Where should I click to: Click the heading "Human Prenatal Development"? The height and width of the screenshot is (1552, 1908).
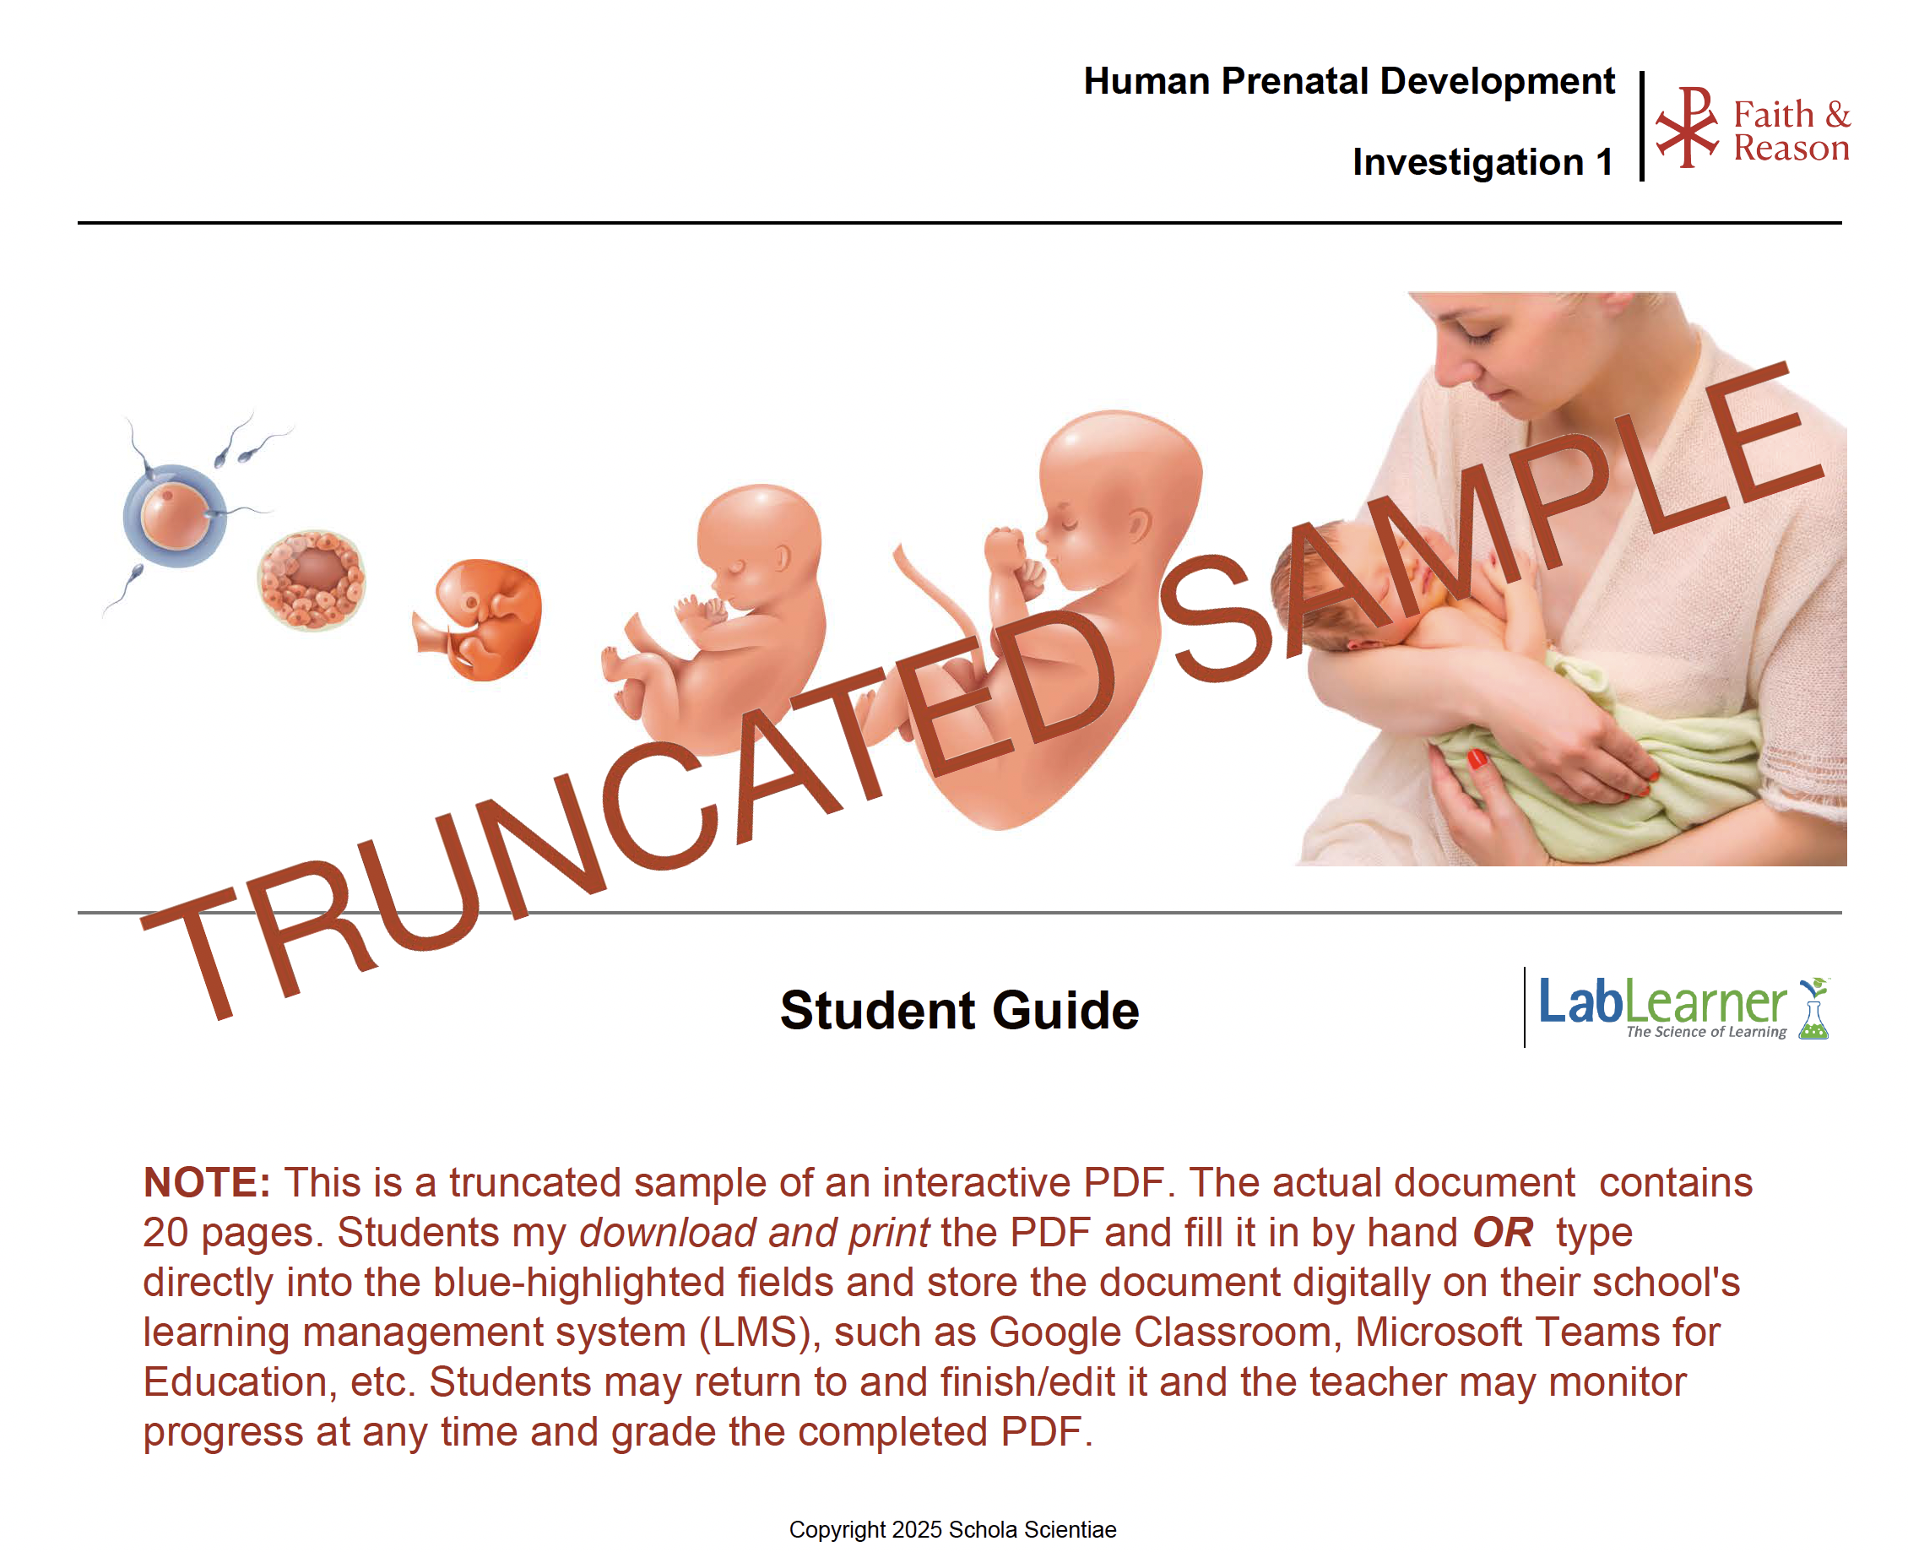(1348, 81)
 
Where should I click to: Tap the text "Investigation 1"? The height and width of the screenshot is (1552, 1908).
(1482, 162)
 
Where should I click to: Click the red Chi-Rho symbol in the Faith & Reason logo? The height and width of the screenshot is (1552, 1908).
(1686, 126)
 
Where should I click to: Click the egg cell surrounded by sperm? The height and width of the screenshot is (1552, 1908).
(174, 516)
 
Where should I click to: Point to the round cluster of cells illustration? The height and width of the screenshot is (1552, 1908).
(311, 580)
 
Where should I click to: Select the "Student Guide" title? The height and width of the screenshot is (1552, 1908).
(959, 1010)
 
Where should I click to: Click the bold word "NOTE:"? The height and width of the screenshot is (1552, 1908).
(208, 1182)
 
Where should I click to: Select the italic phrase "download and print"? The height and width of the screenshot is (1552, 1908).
(754, 1233)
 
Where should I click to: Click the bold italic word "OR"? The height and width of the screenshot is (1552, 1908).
(1503, 1233)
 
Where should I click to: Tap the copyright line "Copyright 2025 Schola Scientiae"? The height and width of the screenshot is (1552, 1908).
(952, 1530)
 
